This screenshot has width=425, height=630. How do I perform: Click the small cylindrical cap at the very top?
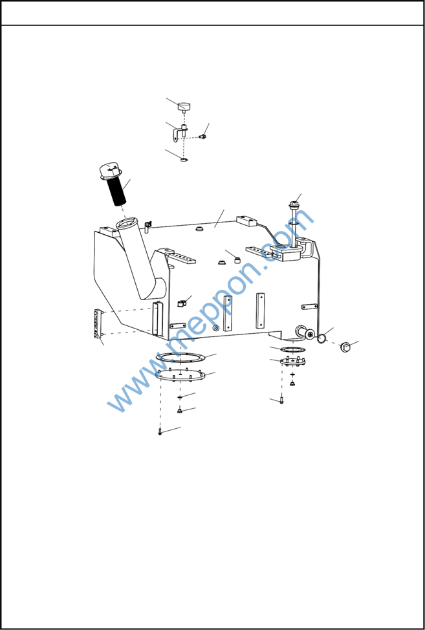[x=184, y=107]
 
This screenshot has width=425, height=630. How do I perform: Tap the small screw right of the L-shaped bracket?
[x=203, y=137]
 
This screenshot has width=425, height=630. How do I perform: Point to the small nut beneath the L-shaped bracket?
[x=184, y=160]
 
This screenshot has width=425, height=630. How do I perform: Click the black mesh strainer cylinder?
[x=116, y=191]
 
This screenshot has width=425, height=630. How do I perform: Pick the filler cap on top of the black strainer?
[x=110, y=171]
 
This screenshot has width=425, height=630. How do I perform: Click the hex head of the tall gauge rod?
[x=294, y=204]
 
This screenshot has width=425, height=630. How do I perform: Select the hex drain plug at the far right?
[x=345, y=347]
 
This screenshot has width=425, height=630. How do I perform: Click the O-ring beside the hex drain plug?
[x=321, y=339]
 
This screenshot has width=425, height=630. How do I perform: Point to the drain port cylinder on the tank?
[x=305, y=332]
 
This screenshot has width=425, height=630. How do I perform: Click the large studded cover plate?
[x=180, y=375]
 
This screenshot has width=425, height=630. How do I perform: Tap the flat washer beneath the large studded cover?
[x=180, y=397]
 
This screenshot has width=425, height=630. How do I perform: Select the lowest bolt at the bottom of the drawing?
[x=160, y=432]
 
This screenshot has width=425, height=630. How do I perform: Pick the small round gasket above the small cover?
[x=292, y=349]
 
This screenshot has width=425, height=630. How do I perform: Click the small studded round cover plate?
[x=292, y=361]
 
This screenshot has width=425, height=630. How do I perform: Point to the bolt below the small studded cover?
[x=281, y=400]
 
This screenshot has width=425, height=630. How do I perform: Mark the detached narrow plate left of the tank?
[x=97, y=323]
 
